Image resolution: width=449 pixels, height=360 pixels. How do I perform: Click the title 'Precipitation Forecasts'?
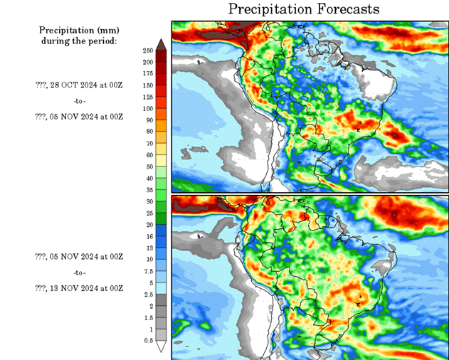(x=304, y=9)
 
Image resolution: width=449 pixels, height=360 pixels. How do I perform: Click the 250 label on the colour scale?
(x=148, y=51)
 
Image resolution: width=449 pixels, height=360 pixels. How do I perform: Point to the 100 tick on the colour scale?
(x=148, y=108)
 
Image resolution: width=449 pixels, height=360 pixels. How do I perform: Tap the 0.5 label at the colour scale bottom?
(x=148, y=341)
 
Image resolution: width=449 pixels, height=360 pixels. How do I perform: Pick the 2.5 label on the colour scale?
(x=148, y=295)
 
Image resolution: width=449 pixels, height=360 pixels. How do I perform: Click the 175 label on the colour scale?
(x=148, y=74)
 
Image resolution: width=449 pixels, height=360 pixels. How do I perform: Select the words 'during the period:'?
(x=79, y=41)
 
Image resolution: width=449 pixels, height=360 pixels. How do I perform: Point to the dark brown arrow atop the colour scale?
(x=162, y=45)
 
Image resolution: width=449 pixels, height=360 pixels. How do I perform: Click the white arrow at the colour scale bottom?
(x=162, y=346)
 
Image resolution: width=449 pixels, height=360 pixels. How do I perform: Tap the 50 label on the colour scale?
(x=148, y=166)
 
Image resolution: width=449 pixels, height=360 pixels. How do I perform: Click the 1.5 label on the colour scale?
(x=148, y=318)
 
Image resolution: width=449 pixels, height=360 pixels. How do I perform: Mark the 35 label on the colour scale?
(x=148, y=190)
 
